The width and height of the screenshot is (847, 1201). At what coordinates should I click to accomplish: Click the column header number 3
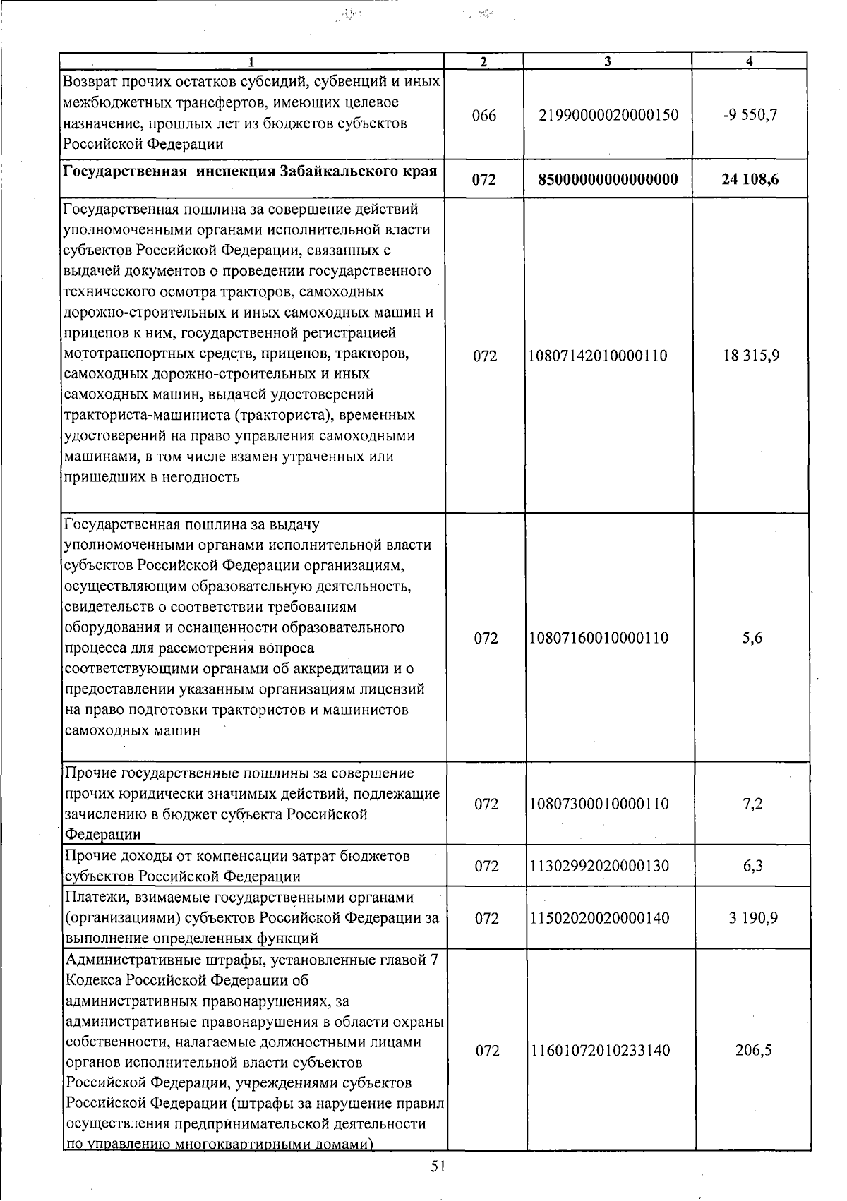[x=607, y=62]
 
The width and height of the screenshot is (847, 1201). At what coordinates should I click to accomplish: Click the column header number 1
[x=251, y=62]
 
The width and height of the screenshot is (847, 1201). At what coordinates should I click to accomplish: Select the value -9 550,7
[x=750, y=114]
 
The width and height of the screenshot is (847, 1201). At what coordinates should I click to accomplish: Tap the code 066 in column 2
[x=484, y=115]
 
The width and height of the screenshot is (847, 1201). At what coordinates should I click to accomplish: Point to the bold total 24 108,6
[x=750, y=179]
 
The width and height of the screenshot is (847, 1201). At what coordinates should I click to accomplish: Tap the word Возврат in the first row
[x=88, y=82]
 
